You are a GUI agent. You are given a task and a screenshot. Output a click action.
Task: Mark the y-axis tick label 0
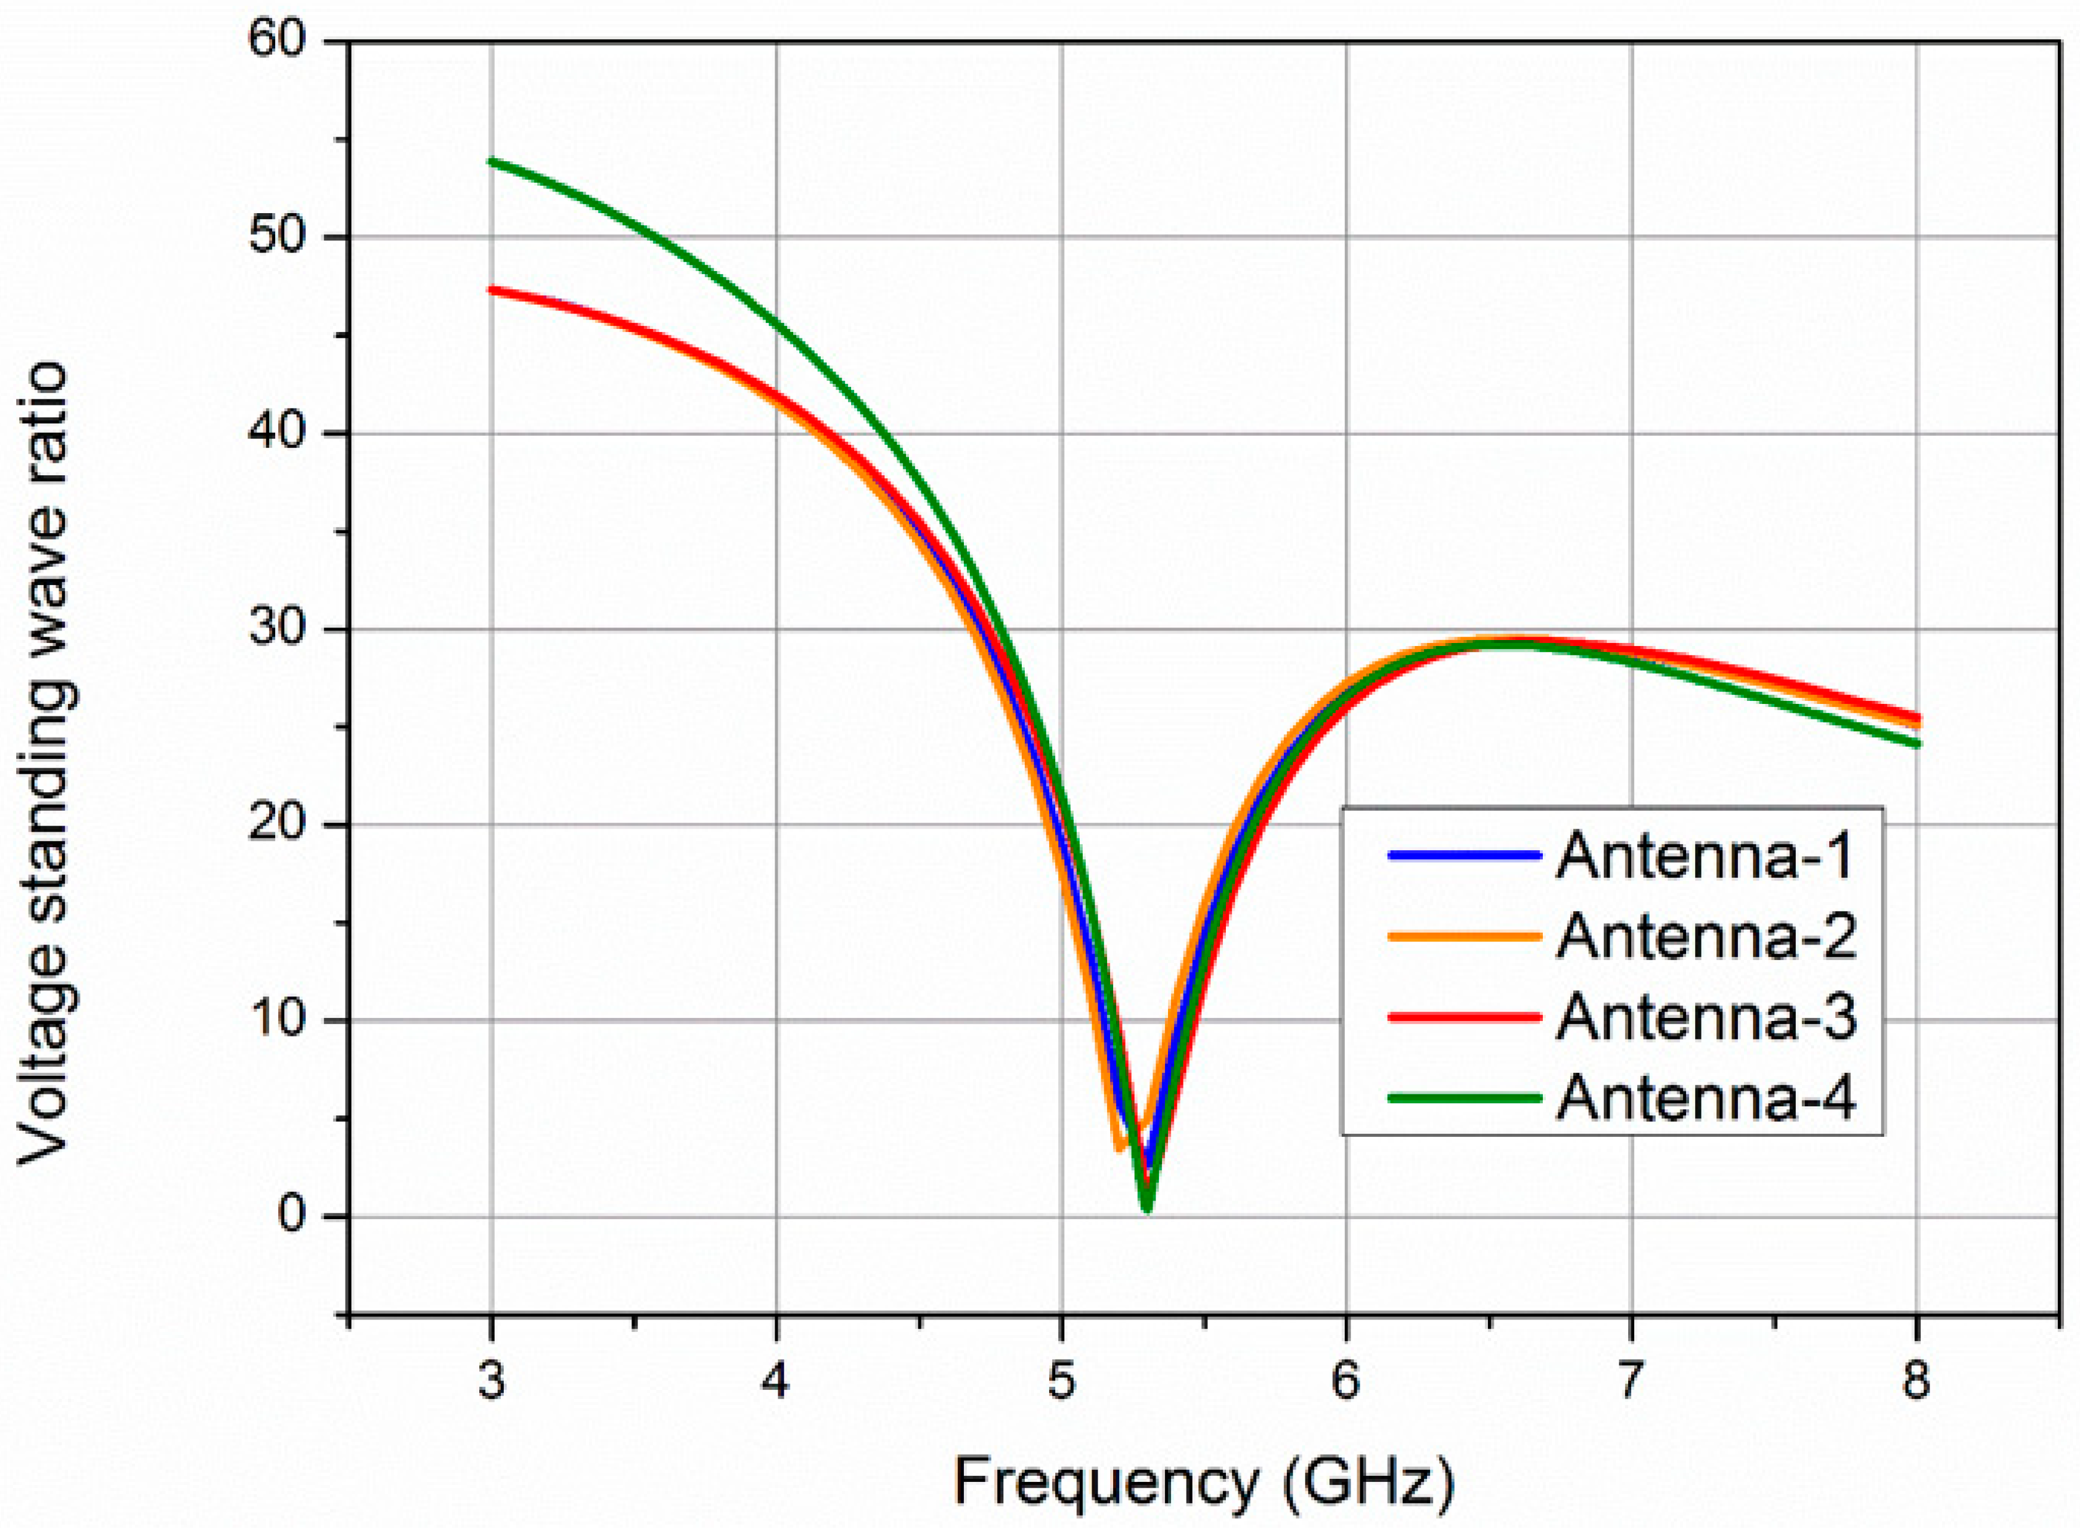[294, 1216]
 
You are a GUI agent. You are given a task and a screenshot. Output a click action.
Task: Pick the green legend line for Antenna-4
[1465, 1097]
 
